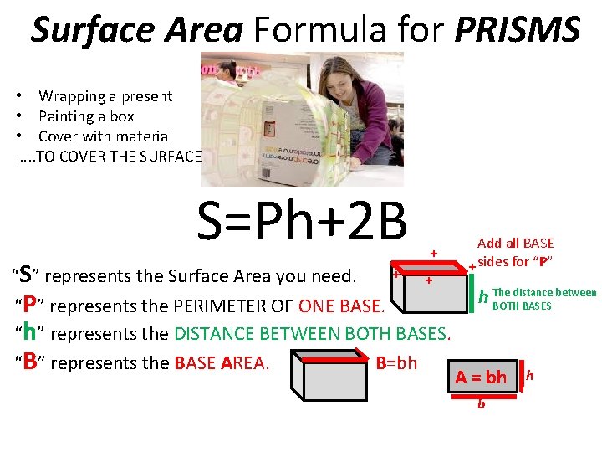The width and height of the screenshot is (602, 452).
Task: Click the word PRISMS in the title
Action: coord(518,30)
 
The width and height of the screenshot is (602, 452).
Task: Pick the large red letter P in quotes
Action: coord(29,304)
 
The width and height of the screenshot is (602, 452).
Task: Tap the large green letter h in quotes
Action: coord(29,332)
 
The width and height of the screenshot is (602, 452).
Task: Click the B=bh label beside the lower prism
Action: coord(396,363)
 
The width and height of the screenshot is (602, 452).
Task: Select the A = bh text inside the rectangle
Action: coord(481,378)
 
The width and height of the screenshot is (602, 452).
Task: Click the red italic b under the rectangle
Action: coord(481,405)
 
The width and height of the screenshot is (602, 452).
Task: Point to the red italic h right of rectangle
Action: coord(530,375)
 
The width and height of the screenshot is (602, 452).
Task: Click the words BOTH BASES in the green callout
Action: coord(523,306)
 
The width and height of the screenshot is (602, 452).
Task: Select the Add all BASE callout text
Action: coord(515,252)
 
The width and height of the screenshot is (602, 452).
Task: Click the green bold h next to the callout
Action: coord(483,297)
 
